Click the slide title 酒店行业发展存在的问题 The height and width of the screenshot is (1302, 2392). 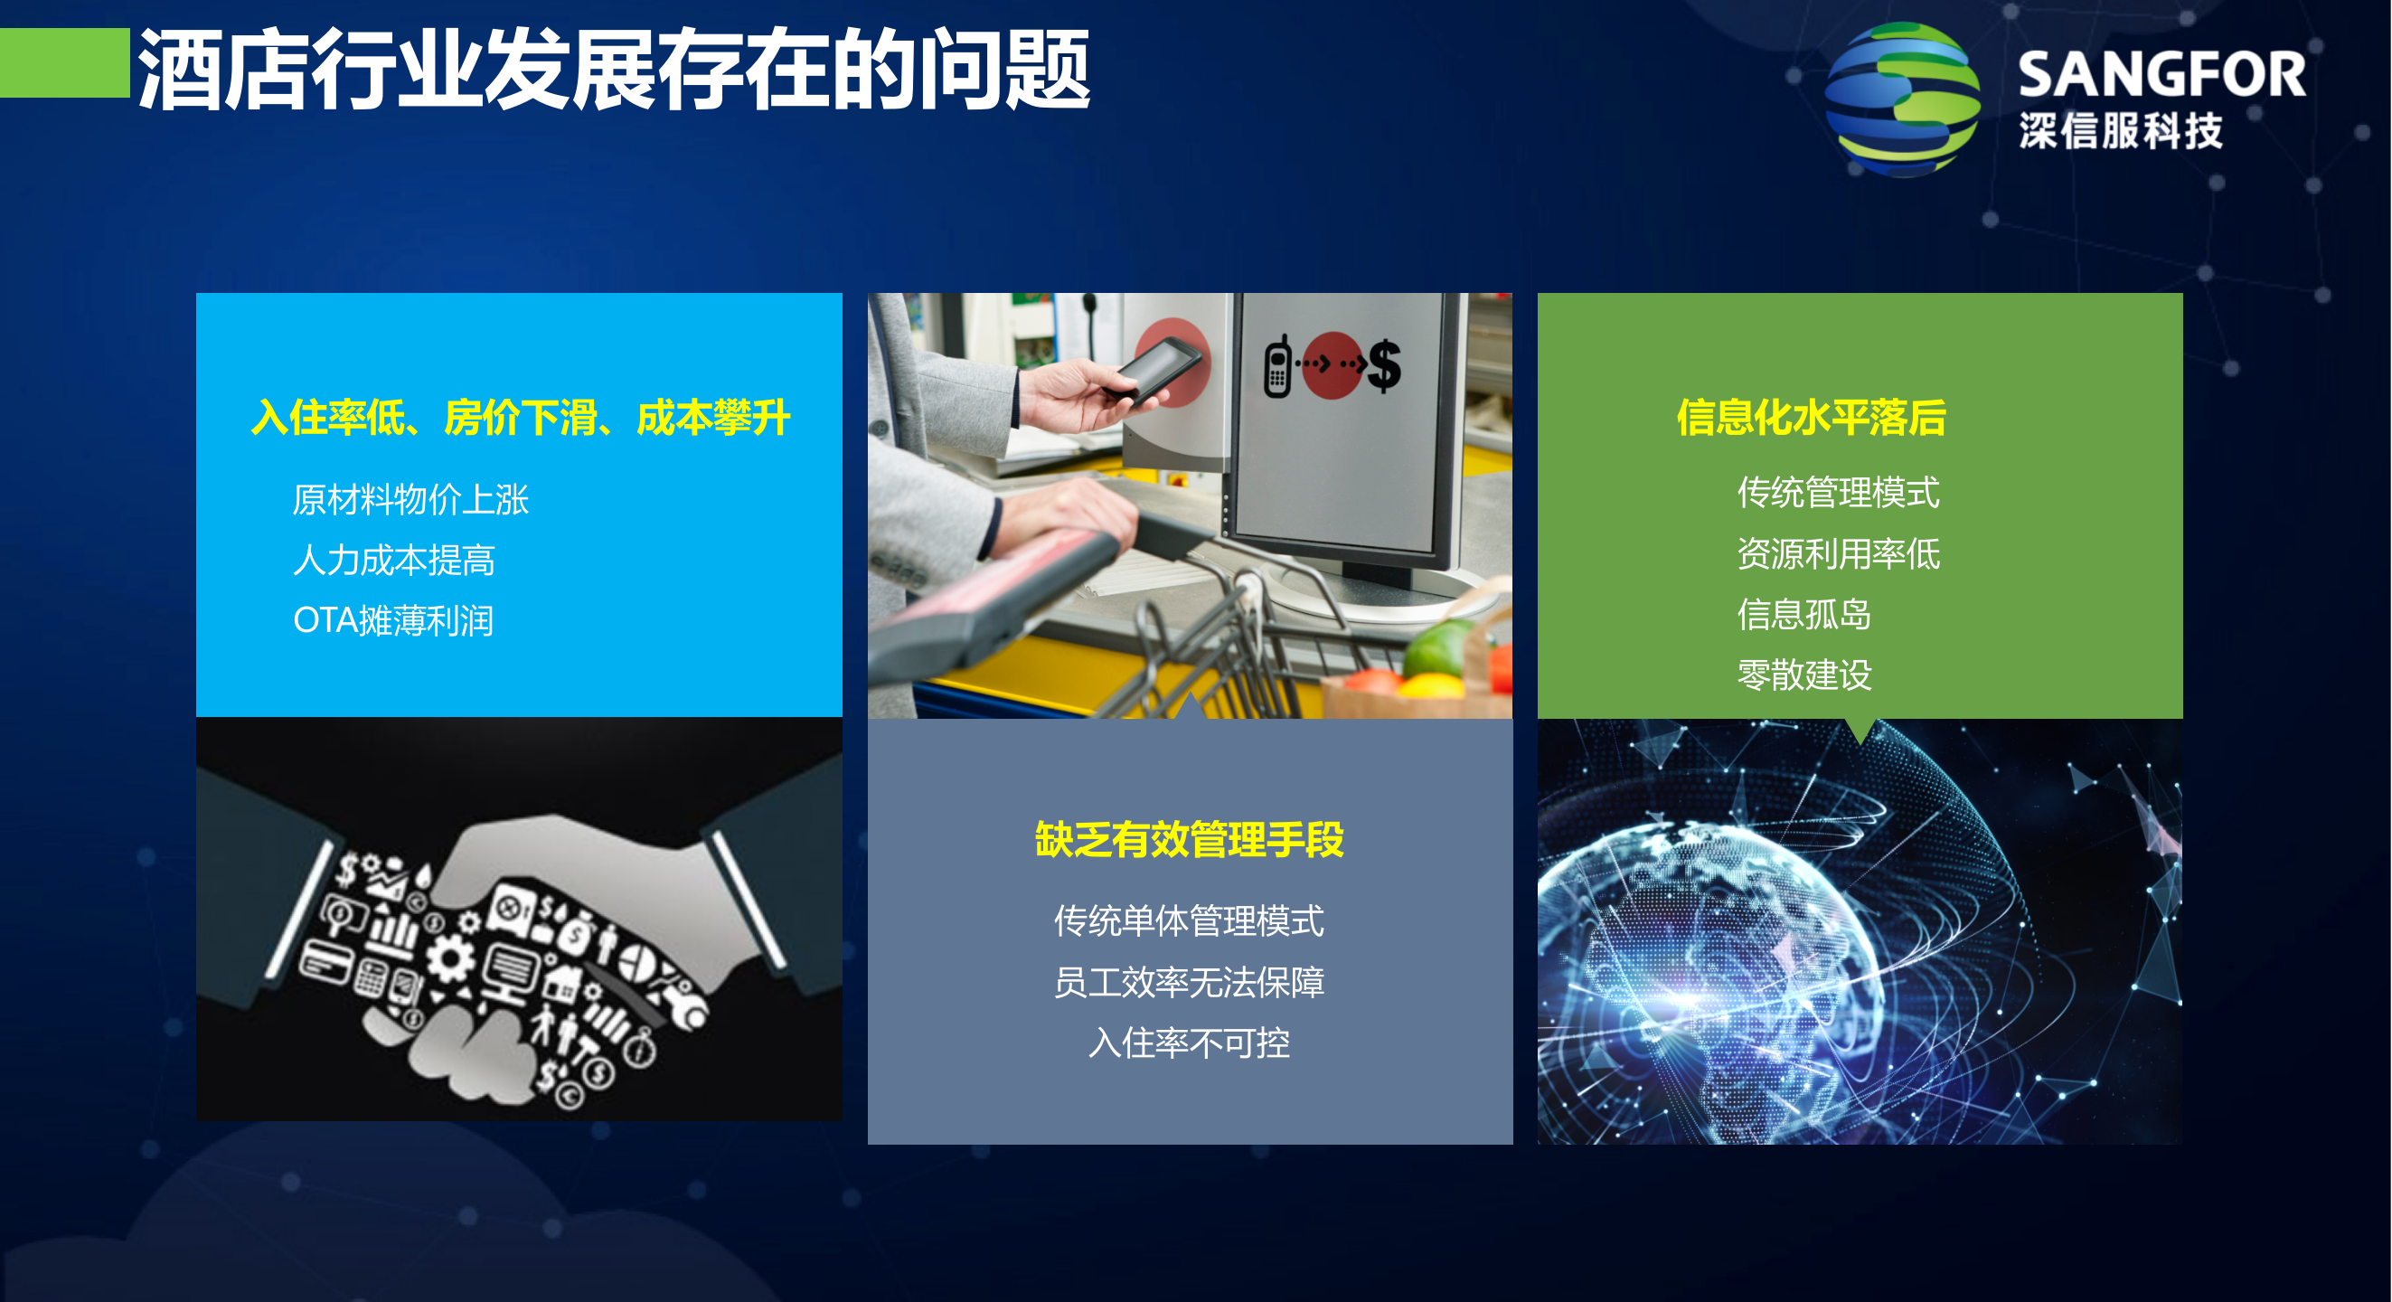(613, 70)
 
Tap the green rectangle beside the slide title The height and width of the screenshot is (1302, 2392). (64, 62)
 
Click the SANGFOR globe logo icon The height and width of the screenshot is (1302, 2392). (1902, 99)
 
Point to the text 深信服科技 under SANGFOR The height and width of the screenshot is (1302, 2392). (2121, 131)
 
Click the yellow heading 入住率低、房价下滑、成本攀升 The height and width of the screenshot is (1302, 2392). (520, 417)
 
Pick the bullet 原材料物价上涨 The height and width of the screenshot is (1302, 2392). (410, 500)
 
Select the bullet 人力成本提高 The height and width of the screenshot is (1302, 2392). (394, 560)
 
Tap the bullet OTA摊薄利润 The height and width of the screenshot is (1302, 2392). (392, 620)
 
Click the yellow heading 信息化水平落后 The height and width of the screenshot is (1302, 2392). (1811, 417)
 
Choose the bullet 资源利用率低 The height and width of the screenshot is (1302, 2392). (1838, 553)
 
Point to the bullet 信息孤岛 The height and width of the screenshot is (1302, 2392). (1803, 614)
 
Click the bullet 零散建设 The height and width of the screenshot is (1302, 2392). (1803, 675)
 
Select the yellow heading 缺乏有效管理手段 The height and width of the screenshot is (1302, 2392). (1190, 840)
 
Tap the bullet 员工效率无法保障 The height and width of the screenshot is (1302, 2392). (1189, 982)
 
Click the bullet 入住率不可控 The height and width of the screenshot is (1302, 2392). (1189, 1043)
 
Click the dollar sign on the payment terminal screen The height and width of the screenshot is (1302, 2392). (1383, 366)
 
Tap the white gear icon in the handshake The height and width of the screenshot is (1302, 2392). (451, 958)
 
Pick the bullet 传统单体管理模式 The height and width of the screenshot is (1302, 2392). (1189, 921)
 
